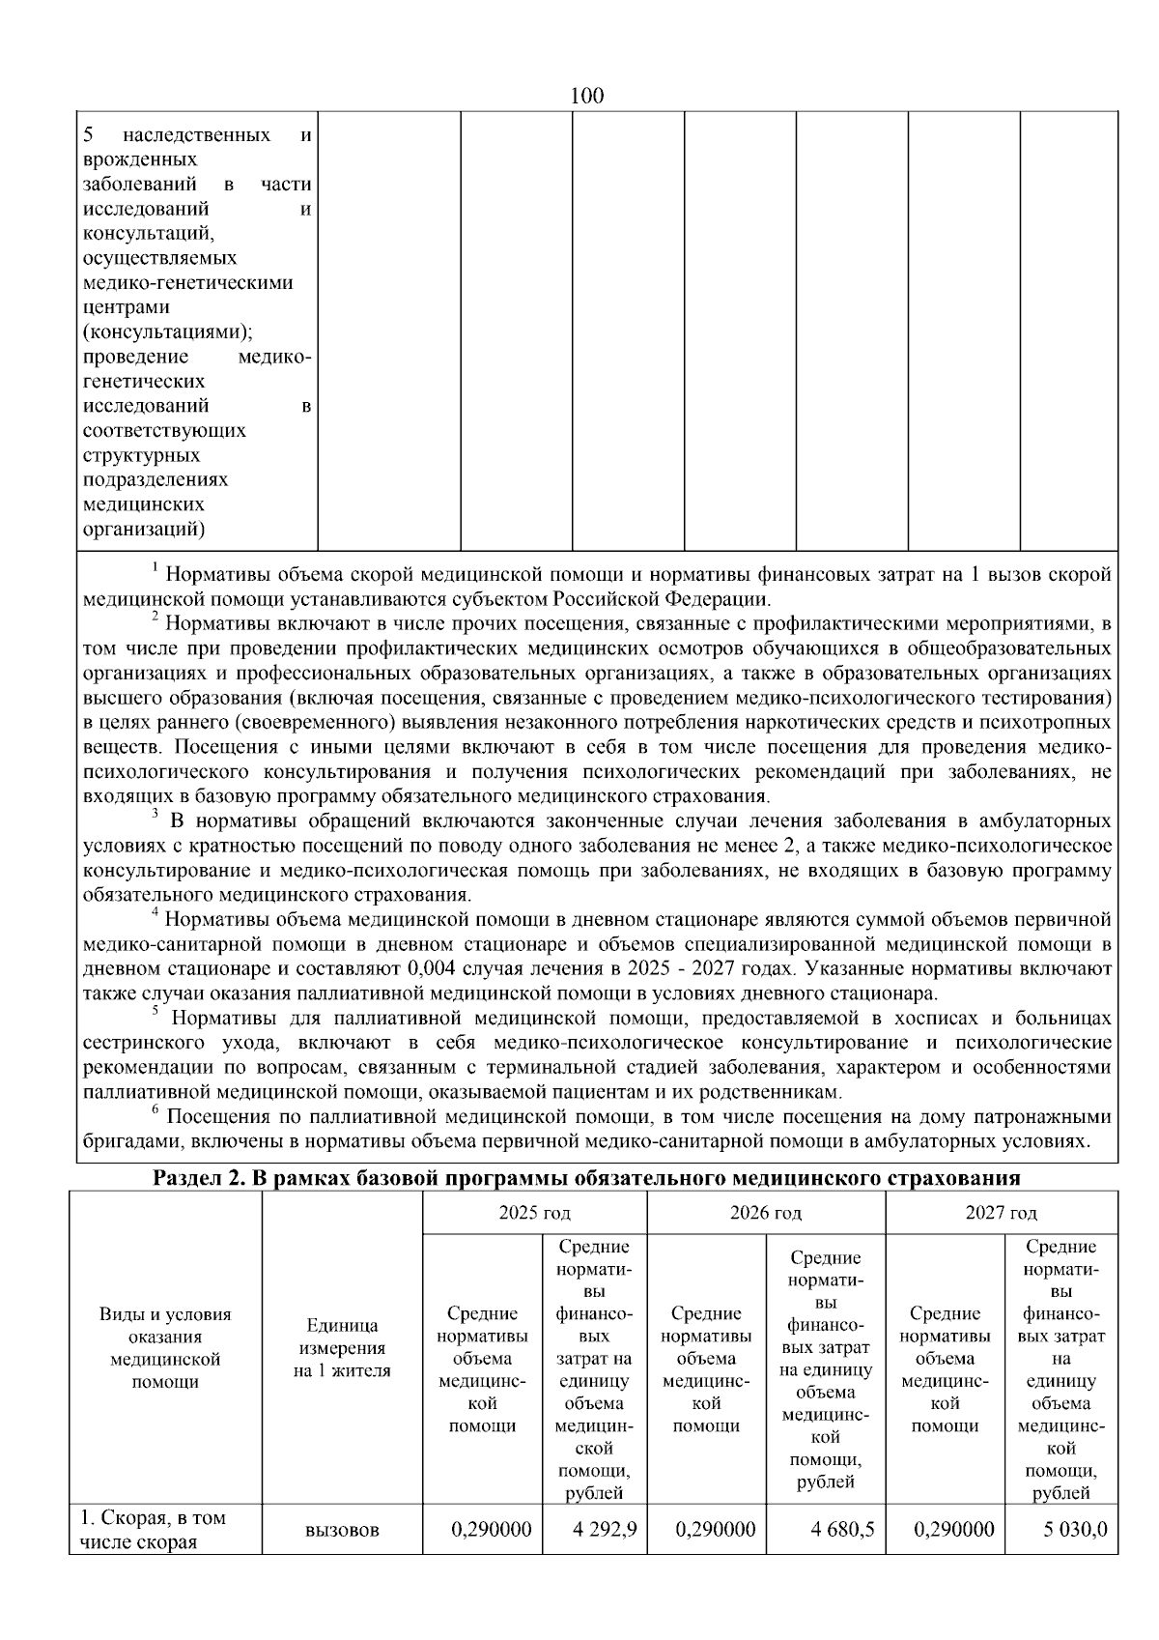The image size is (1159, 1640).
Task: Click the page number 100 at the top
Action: (x=587, y=96)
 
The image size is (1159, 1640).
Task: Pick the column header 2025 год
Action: (x=534, y=1212)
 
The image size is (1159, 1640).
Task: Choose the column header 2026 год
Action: (x=765, y=1212)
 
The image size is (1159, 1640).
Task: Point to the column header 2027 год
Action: (x=1001, y=1212)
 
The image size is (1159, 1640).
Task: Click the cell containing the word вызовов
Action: (x=342, y=1530)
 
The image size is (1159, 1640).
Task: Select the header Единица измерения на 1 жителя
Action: (x=342, y=1347)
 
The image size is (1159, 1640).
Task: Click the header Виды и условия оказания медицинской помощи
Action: (x=165, y=1347)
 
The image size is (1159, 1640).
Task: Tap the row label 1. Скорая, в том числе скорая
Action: (x=155, y=1529)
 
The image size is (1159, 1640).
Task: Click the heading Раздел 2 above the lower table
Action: (x=587, y=1178)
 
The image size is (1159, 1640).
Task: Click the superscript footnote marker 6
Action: (x=155, y=1109)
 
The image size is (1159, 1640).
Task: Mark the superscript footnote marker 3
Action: (x=155, y=814)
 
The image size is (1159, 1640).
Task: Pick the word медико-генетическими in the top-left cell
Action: (x=187, y=282)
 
